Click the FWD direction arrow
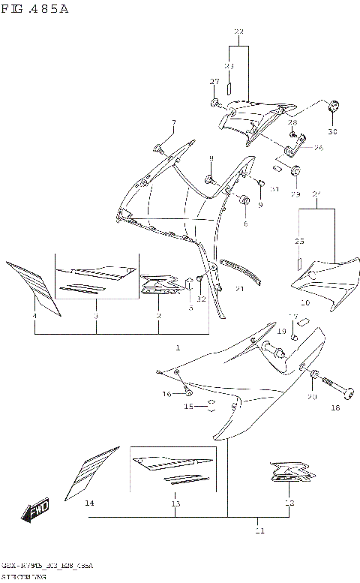click(x=36, y=512)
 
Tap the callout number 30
click(x=332, y=132)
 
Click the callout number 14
click(x=89, y=503)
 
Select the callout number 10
click(x=305, y=302)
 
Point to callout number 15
click(x=189, y=407)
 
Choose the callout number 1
click(x=177, y=347)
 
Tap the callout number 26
click(x=318, y=148)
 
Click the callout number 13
click(x=175, y=503)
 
